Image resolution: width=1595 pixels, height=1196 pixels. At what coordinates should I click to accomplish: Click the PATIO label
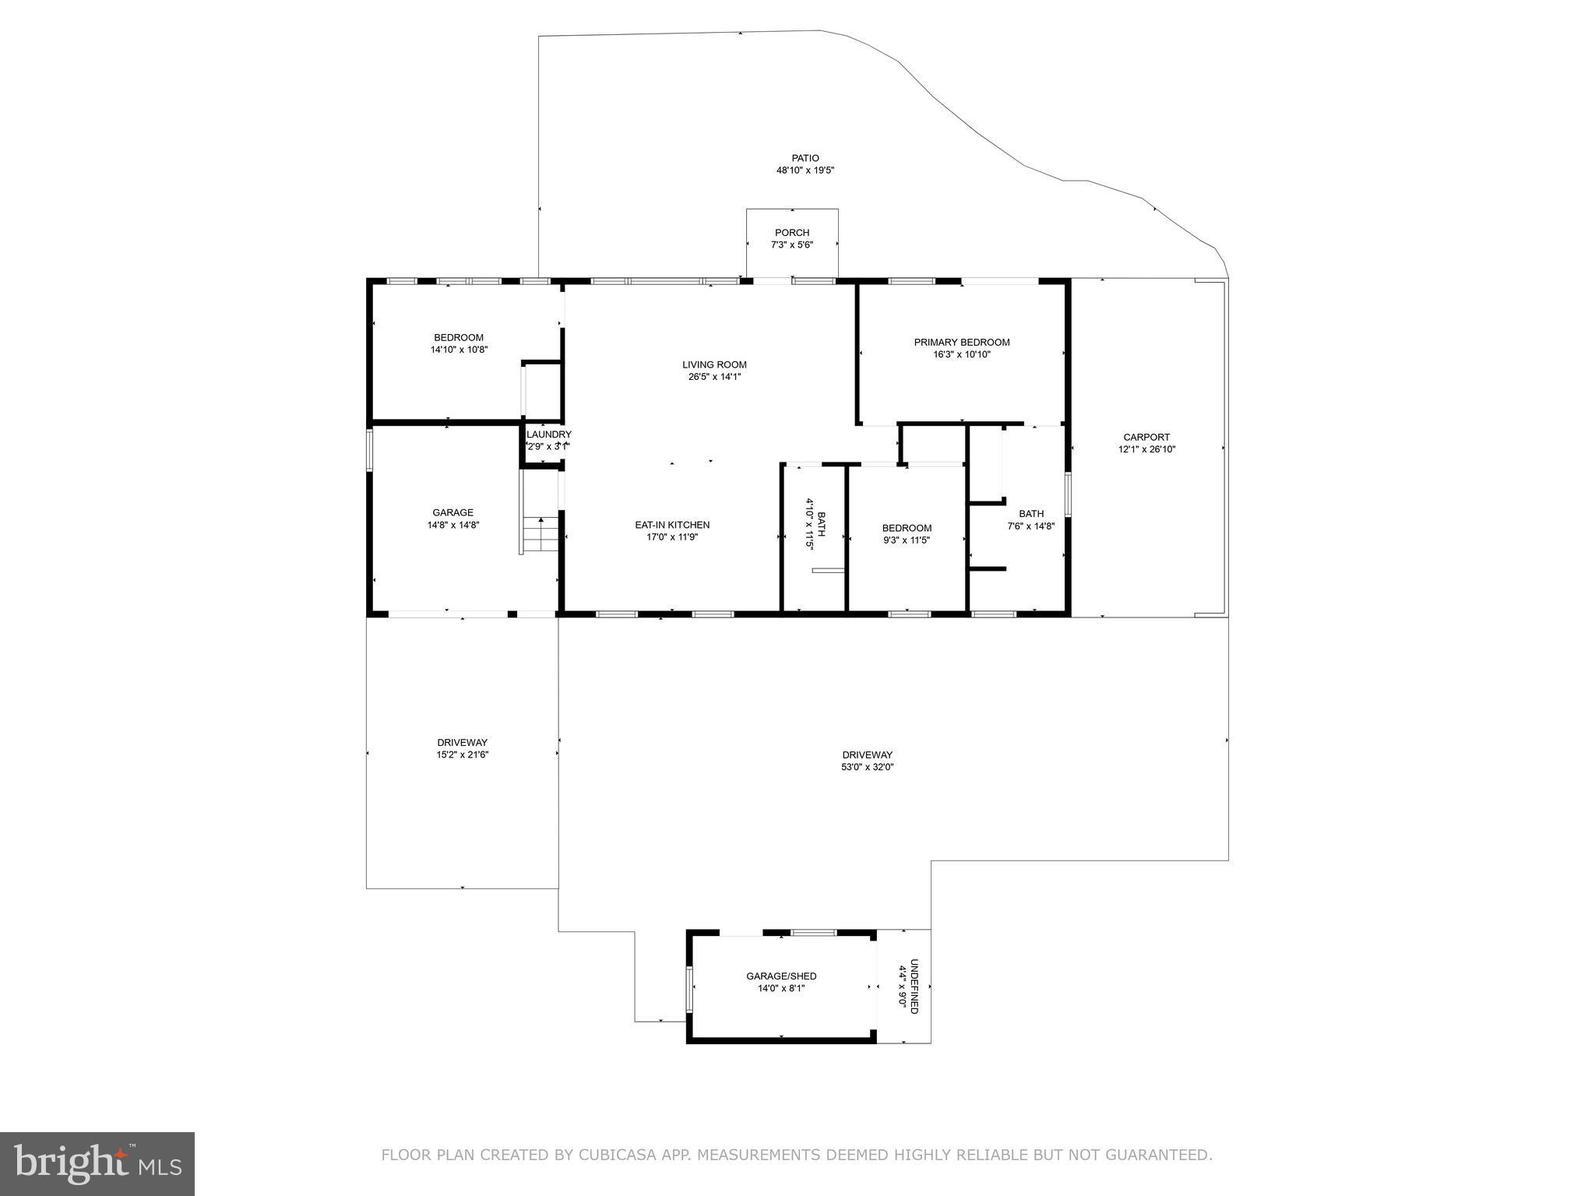tap(805, 158)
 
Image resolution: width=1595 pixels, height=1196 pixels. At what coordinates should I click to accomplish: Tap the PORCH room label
tap(792, 233)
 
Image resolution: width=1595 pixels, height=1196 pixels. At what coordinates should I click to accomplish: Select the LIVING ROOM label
tap(714, 364)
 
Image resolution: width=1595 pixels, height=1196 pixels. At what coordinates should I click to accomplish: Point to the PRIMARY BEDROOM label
tap(962, 342)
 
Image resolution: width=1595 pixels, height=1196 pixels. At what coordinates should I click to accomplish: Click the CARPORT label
tap(1146, 437)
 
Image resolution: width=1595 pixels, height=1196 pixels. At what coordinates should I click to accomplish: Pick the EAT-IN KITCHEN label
tap(672, 525)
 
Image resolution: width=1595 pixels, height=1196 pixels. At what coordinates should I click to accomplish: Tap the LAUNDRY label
tap(548, 434)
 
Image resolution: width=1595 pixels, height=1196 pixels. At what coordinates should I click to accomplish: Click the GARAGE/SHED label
tap(781, 976)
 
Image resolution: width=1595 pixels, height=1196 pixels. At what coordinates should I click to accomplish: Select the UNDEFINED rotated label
tap(914, 986)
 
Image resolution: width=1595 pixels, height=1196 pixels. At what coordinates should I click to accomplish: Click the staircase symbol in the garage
tap(540, 534)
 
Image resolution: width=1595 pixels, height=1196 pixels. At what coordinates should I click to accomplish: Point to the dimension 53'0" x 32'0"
tap(868, 767)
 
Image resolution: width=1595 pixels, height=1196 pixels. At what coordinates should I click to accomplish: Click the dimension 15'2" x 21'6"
tap(463, 755)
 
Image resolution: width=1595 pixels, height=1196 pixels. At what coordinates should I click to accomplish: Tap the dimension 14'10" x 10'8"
tap(459, 350)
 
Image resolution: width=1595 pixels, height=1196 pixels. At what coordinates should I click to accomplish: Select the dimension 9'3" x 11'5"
tap(907, 540)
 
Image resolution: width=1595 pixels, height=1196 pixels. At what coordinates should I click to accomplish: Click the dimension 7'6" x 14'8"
tap(1031, 526)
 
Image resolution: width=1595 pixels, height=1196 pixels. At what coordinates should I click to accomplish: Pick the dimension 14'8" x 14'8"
tap(452, 525)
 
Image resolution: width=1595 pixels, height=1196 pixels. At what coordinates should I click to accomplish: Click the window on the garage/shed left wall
tap(689, 989)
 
